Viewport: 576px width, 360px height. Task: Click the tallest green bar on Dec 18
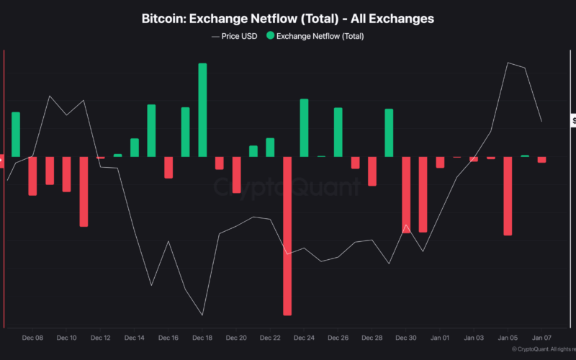point(202,110)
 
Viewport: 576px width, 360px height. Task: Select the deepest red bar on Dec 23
point(287,236)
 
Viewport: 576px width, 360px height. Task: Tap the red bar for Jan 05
point(508,196)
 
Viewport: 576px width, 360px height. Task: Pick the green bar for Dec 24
point(304,128)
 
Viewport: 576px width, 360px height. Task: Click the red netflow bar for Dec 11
point(84,192)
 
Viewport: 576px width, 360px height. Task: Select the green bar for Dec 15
point(151,131)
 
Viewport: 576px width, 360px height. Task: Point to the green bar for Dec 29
point(389,133)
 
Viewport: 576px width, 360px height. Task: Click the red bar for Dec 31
point(423,194)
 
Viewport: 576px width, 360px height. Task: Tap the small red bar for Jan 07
point(541,160)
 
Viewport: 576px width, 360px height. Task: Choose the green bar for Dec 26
point(338,132)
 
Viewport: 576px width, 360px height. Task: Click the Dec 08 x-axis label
point(32,338)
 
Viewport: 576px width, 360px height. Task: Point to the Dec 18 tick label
point(202,338)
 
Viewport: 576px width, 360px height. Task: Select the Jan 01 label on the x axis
point(440,338)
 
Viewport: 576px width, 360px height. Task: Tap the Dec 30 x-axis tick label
point(406,338)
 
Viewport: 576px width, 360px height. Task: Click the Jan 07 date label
point(541,338)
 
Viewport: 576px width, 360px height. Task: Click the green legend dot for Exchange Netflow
point(269,35)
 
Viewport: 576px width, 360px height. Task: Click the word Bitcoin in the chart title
point(165,18)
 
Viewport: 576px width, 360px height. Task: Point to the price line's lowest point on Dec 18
point(202,315)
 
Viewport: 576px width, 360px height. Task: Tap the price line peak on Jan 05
point(508,63)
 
